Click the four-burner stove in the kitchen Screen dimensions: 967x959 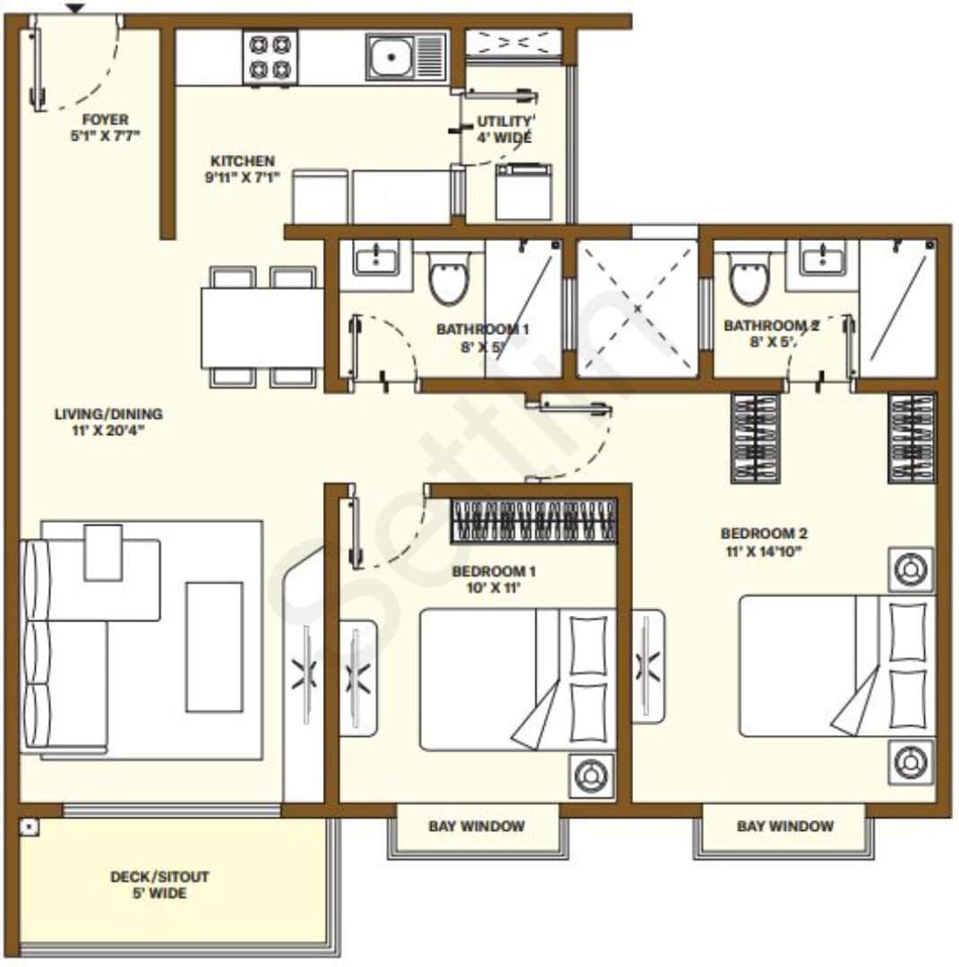pyautogui.click(x=270, y=57)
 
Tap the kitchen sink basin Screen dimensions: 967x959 pyautogui.click(x=391, y=57)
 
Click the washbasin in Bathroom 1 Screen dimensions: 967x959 pyautogui.click(x=375, y=259)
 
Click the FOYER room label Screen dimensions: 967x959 pyautogui.click(x=105, y=119)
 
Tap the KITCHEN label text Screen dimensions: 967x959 pyautogui.click(x=243, y=160)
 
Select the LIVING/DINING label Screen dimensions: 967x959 pyautogui.click(x=108, y=414)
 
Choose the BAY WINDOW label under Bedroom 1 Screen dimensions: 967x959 pyautogui.click(x=476, y=826)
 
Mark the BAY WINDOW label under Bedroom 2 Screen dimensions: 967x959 pyautogui.click(x=784, y=826)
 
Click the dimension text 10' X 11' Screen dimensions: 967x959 pyautogui.click(x=486, y=588)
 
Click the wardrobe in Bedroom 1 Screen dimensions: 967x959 pyautogui.click(x=533, y=520)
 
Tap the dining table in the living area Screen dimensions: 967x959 pyautogui.click(x=261, y=328)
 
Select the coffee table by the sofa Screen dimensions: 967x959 pyautogui.click(x=214, y=646)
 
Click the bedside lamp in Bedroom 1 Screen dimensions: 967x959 pyautogui.click(x=590, y=773)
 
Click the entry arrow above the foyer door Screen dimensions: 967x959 pyautogui.click(x=75, y=9)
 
